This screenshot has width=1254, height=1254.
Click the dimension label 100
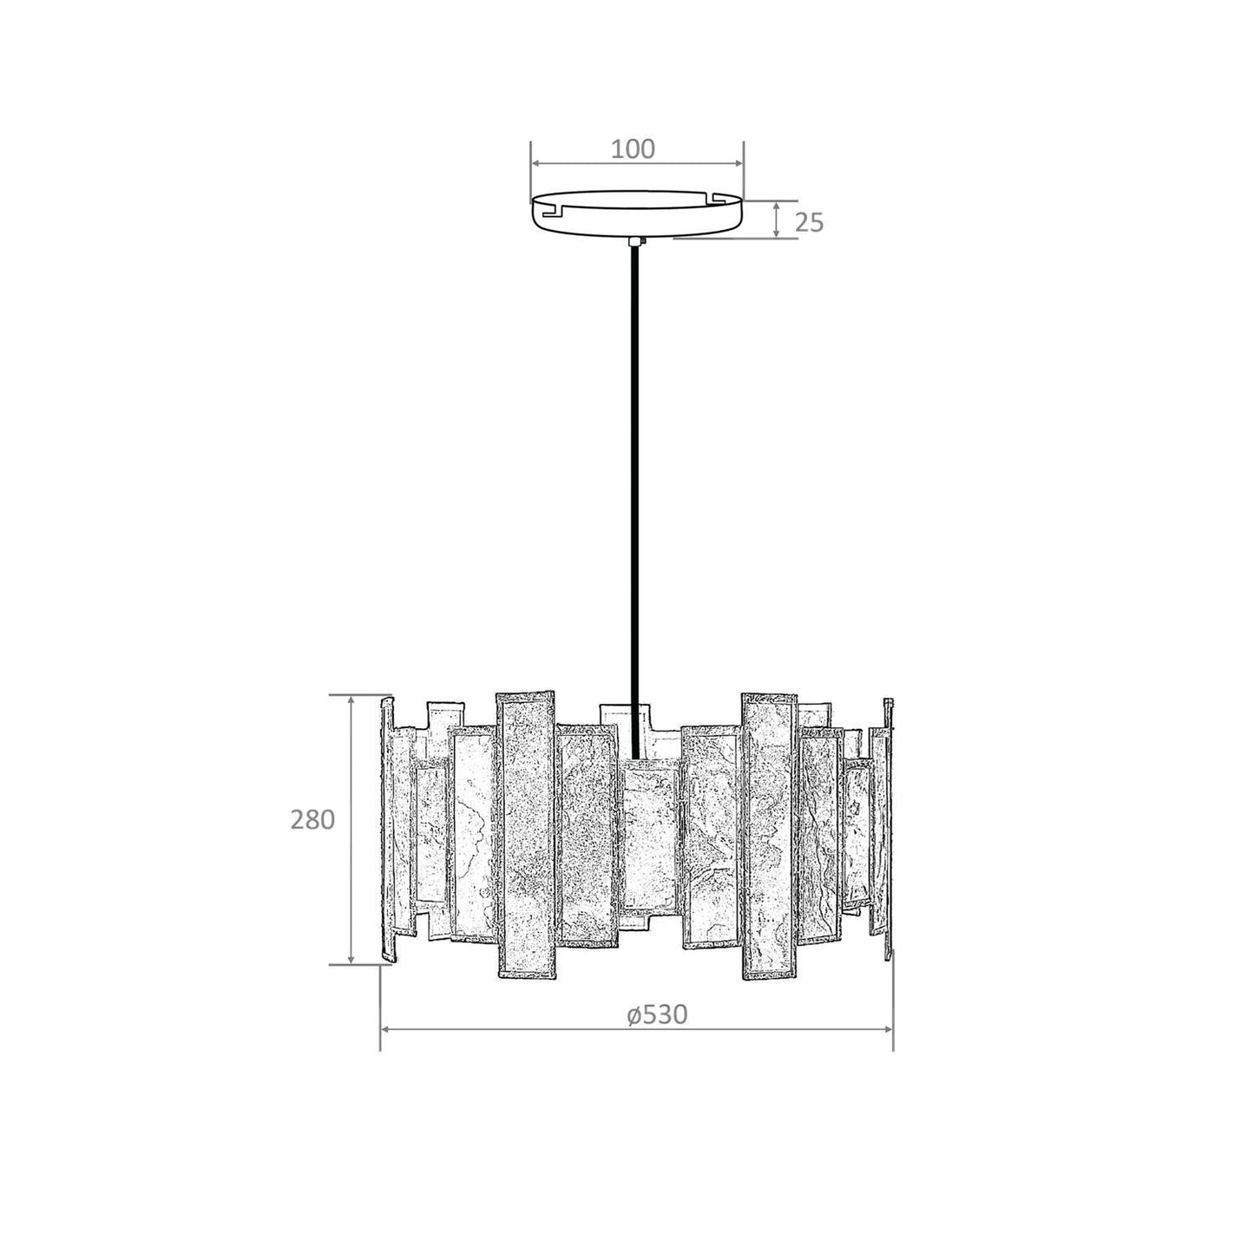point(632,149)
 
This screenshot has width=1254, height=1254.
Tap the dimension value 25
point(810,223)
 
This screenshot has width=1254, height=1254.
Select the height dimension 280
point(312,820)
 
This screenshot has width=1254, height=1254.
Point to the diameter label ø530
point(657,1014)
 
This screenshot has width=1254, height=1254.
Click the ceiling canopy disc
point(637,213)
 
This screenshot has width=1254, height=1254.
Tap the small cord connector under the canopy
point(636,242)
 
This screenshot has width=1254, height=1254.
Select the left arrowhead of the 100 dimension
point(537,164)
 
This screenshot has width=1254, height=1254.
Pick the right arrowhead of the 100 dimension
point(737,164)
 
